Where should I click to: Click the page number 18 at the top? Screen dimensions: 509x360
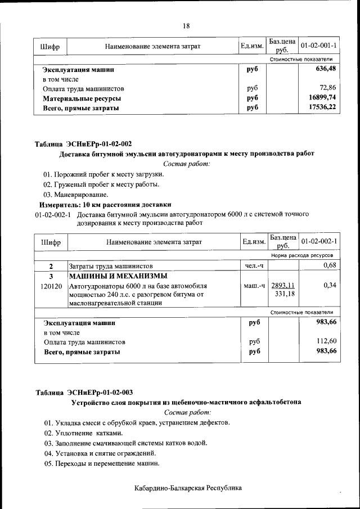coord(186,26)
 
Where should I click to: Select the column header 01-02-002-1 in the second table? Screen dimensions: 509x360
coord(319,241)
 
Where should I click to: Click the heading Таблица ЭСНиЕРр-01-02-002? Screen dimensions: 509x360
coord(84,144)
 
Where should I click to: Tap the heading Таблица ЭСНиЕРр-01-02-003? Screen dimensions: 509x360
coord(84,393)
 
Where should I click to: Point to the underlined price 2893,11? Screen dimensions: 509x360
coord(283,285)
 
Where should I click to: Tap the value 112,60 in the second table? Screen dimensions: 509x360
coord(326,341)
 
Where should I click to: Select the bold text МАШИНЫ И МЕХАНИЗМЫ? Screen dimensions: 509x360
coord(118,276)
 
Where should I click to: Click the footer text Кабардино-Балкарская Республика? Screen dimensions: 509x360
coord(188,488)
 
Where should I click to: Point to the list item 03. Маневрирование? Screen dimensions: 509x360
coord(76,194)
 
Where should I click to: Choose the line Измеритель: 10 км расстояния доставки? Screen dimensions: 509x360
coord(105,204)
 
